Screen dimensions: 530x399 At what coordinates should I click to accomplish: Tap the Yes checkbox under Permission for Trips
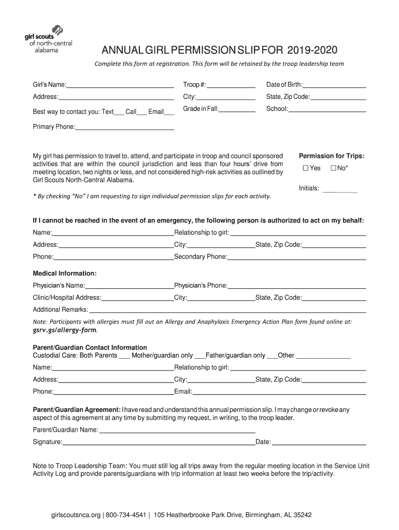pos(305,168)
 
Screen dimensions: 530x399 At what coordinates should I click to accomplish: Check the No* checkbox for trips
pos(334,168)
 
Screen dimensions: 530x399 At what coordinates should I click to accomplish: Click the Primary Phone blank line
pos(124,128)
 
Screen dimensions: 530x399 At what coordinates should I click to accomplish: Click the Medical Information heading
pos(65,273)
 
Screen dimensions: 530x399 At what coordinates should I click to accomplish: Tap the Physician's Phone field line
pos(297,287)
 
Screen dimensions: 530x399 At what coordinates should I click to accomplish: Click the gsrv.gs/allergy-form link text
pos(65,330)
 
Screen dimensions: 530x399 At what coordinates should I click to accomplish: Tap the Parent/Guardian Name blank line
pos(177,431)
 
